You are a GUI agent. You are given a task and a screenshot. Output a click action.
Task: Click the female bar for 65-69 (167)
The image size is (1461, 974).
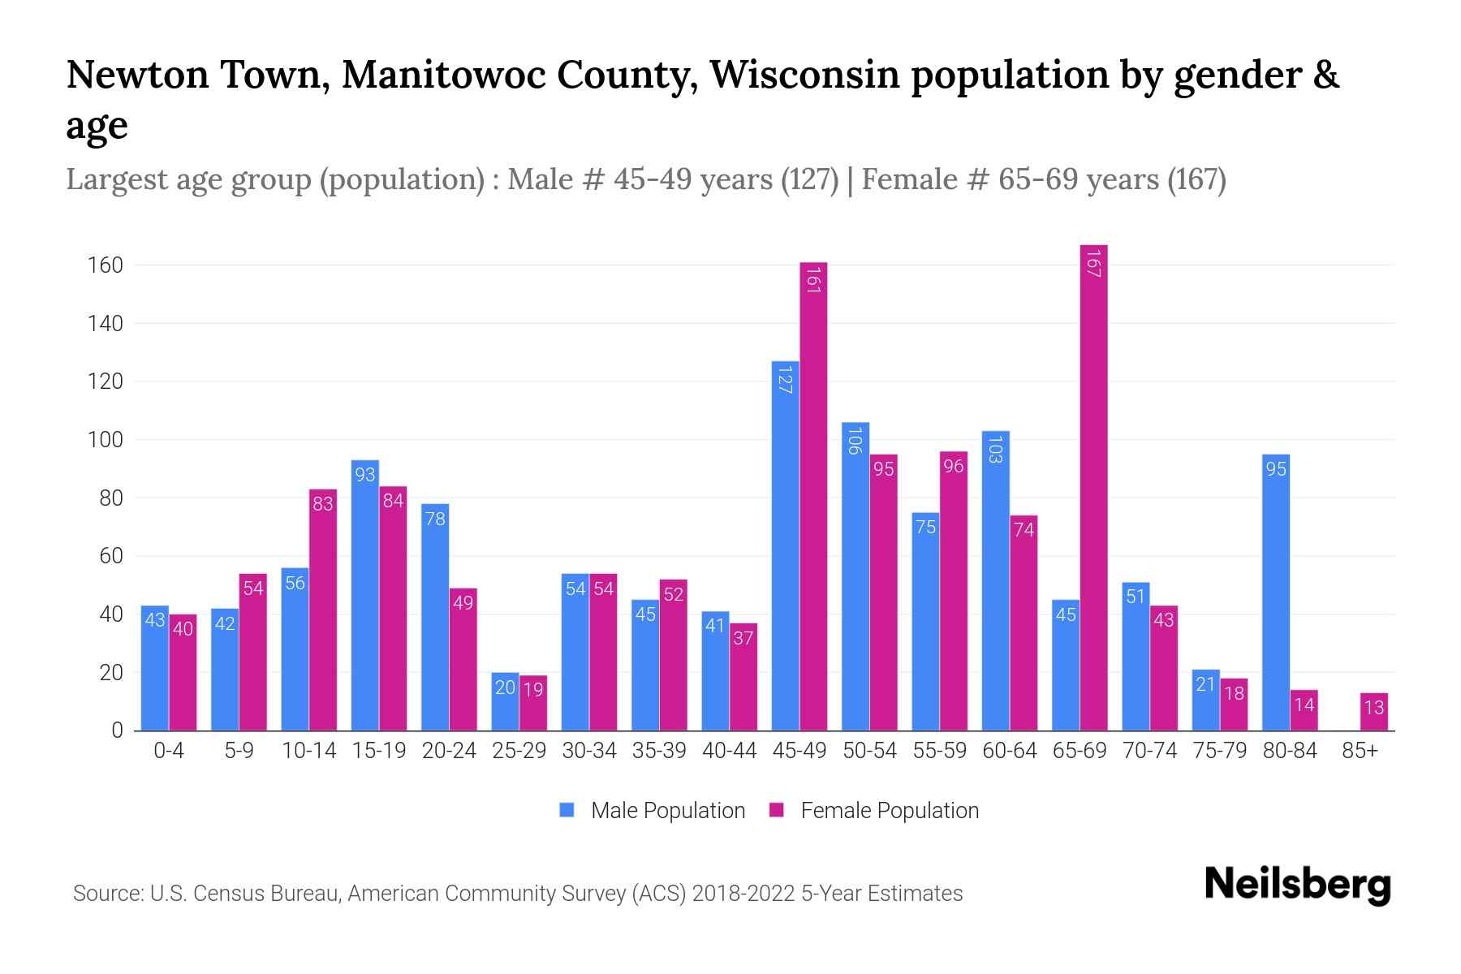point(1093,487)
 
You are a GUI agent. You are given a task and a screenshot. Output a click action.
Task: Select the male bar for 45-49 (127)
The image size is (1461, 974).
point(785,545)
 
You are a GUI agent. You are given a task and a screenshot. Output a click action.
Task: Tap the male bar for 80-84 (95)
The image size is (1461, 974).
point(1276,593)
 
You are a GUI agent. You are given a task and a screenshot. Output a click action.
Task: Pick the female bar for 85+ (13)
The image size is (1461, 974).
point(1373,712)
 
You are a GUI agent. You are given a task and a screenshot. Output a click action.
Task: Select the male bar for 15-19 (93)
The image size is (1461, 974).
point(365,595)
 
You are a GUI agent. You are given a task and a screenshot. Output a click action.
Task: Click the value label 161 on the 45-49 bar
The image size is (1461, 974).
point(813,280)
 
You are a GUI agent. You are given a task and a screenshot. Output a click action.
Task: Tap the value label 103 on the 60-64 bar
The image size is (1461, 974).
point(996,449)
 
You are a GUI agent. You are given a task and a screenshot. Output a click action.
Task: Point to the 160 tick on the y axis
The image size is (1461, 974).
point(106,265)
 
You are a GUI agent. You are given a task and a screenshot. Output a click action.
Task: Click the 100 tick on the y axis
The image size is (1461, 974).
point(106,440)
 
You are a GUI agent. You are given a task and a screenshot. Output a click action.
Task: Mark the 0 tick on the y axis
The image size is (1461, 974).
point(117,730)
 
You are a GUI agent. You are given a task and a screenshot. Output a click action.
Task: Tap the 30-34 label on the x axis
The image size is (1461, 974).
point(589,751)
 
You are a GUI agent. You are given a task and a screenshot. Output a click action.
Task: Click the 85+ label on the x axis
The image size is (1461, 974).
point(1360,751)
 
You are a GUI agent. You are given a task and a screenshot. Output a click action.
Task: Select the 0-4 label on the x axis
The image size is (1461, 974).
point(169,751)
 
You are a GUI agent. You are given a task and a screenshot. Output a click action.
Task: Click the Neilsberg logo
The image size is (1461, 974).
point(1297,885)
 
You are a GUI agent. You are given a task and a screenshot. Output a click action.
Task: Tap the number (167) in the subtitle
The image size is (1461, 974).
point(1196,179)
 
